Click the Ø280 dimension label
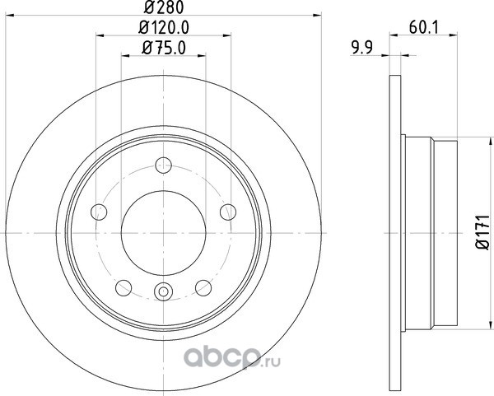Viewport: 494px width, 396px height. pos(164,7)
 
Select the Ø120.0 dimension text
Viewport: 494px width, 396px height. pos(164,28)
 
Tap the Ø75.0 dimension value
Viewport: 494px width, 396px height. pos(164,48)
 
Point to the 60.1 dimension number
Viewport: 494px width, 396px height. pos(424,28)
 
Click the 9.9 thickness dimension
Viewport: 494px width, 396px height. pos(362,48)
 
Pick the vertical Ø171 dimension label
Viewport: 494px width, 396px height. pos(482,233)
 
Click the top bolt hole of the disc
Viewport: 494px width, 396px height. pos(164,165)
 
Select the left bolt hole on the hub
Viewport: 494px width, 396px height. pos(99,212)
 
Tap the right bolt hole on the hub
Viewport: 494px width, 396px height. pos(228,212)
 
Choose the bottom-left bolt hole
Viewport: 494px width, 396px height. pos(123,287)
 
